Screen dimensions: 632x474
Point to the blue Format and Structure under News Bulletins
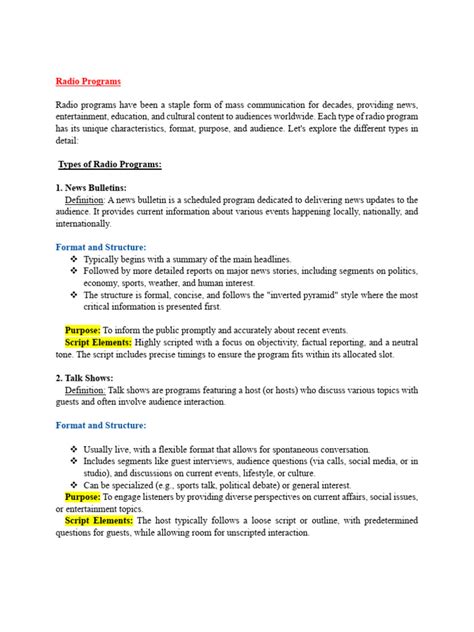pyautogui.click(x=101, y=246)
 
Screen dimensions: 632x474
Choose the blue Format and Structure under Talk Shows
pyautogui.click(x=101, y=425)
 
